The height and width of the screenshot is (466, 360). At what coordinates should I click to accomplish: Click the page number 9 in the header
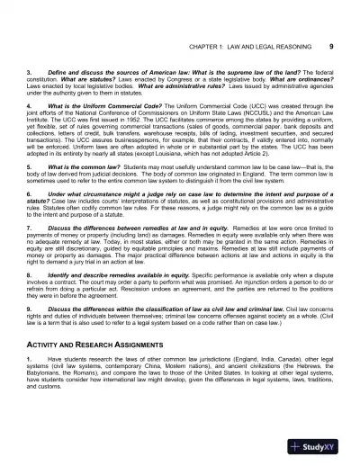tap(333, 44)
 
